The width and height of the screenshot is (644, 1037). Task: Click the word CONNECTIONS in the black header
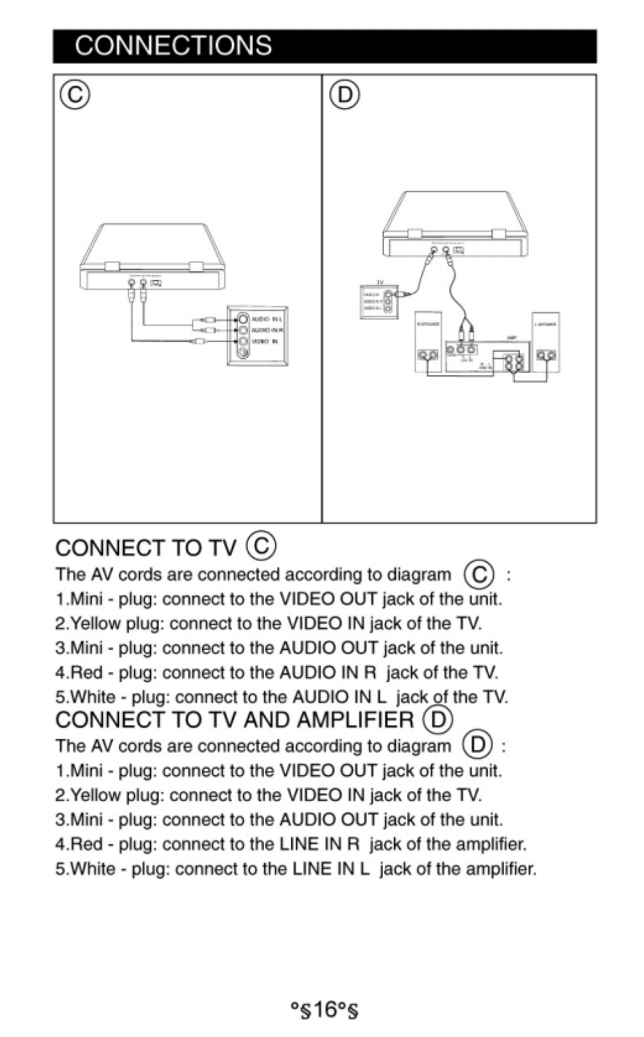pos(173,46)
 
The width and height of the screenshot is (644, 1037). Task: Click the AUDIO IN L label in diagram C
pos(266,319)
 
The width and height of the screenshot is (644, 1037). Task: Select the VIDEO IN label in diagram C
pos(264,341)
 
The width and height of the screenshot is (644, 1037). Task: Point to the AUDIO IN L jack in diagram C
pos(243,319)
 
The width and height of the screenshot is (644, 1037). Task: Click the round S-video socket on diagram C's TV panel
pos(243,353)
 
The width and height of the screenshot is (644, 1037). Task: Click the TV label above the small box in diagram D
pos(380,283)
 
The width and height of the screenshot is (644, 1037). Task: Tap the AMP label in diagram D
pos(511,337)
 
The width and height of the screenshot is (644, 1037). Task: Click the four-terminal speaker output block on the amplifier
pos(513,361)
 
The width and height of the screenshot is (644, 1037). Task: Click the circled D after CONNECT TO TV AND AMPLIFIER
pos(437,719)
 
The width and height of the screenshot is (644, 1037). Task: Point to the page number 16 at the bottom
pos(324,1010)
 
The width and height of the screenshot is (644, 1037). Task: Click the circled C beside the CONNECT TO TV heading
pos(260,546)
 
